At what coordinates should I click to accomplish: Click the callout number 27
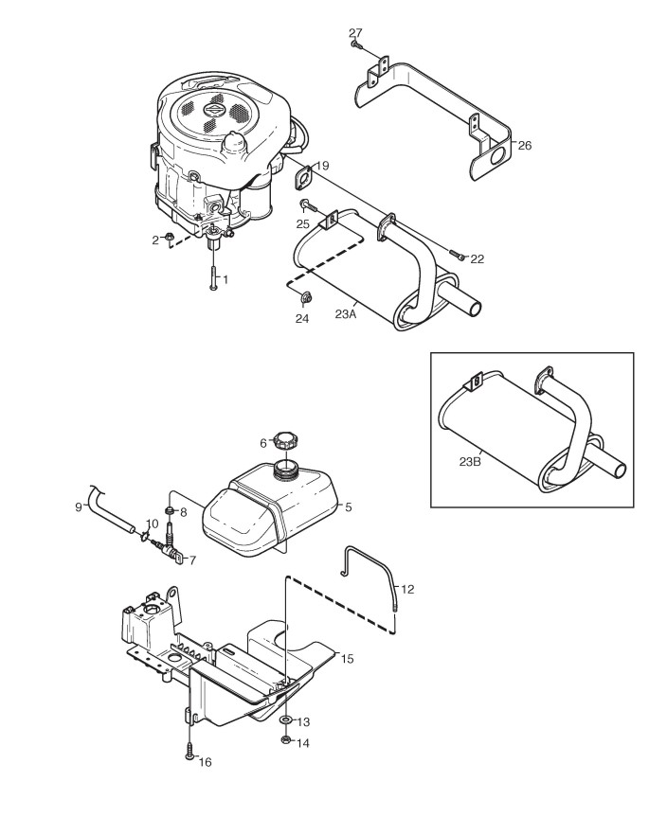355,33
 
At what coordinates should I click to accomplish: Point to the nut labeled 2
169,239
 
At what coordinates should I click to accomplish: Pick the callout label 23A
345,319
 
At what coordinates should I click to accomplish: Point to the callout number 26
524,146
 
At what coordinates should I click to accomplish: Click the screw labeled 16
190,755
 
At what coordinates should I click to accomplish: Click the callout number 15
347,658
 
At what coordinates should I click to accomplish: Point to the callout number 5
348,507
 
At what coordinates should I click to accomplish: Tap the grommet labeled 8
171,511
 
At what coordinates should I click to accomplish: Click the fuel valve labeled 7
171,552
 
